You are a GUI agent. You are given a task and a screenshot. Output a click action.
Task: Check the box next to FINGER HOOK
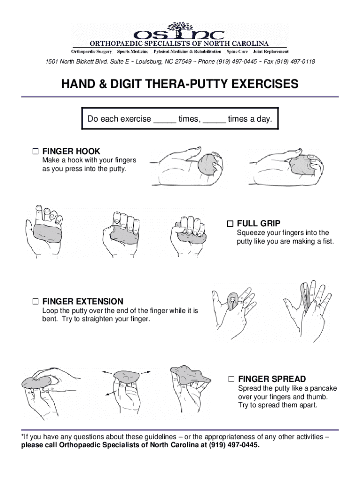coord(36,152)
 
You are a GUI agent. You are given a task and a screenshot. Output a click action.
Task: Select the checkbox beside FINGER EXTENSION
coord(36,301)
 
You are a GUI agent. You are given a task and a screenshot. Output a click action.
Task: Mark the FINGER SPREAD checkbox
coord(231,378)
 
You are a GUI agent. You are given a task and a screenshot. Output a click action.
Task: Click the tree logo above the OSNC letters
coord(180,26)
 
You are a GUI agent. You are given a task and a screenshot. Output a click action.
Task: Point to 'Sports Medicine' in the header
coord(133,51)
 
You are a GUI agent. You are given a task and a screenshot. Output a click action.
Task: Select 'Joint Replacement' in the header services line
coord(271,51)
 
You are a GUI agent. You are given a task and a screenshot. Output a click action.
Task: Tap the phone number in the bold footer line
coord(234,445)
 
